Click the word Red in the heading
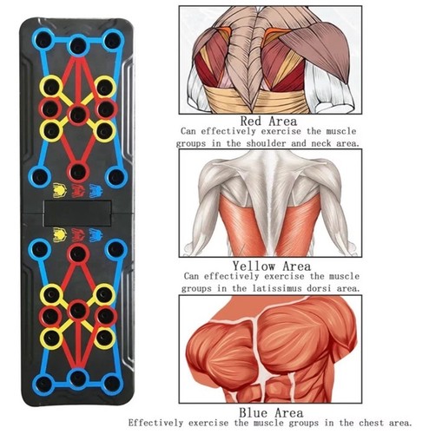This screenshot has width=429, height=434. click(252, 122)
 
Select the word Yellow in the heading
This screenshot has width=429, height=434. click(254, 266)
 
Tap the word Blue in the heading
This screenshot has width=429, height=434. click(254, 412)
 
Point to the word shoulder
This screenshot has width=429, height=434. click(266, 143)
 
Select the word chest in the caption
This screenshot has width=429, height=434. click(372, 423)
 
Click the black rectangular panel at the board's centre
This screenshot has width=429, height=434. click(78, 214)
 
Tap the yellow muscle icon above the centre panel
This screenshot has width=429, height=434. click(59, 191)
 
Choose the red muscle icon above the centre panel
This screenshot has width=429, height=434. click(78, 191)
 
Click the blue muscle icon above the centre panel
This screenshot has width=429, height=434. click(96, 191)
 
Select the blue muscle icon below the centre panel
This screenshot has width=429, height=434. click(96, 235)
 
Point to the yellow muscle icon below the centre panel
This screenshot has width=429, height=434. click(60, 235)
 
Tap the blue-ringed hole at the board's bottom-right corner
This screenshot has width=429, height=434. click(112, 384)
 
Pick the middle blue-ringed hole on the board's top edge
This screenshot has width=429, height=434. click(78, 45)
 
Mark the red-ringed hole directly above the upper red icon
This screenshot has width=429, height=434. click(78, 173)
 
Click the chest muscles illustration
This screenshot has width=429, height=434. click(270, 349)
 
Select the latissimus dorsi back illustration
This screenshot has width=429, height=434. click(270, 203)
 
